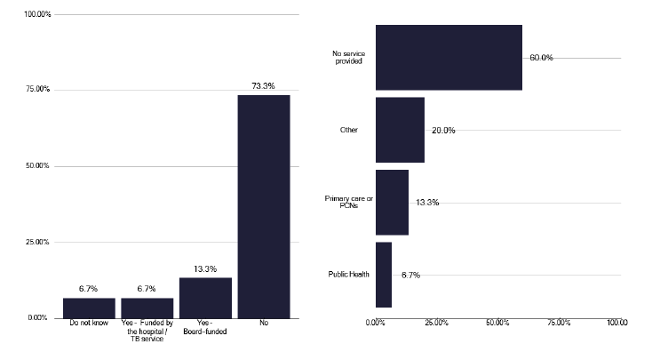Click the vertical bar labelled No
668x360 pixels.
[x=264, y=206]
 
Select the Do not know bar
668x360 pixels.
[x=89, y=308]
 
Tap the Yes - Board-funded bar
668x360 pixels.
[x=205, y=298]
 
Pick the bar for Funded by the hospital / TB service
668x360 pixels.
[x=147, y=308]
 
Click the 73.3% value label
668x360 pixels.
[x=264, y=86]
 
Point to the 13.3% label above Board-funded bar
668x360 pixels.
[x=205, y=269]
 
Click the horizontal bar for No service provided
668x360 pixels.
[x=449, y=58]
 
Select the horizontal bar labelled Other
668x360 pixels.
[x=400, y=130]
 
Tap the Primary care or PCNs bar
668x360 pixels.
[x=392, y=203]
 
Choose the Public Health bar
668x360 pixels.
[x=384, y=275]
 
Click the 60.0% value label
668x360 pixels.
[x=541, y=58]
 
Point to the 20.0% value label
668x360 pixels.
[x=443, y=131]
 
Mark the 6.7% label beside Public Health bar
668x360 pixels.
[x=410, y=276]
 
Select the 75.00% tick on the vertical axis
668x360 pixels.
[x=37, y=90]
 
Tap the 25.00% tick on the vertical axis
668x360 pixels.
[x=37, y=242]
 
